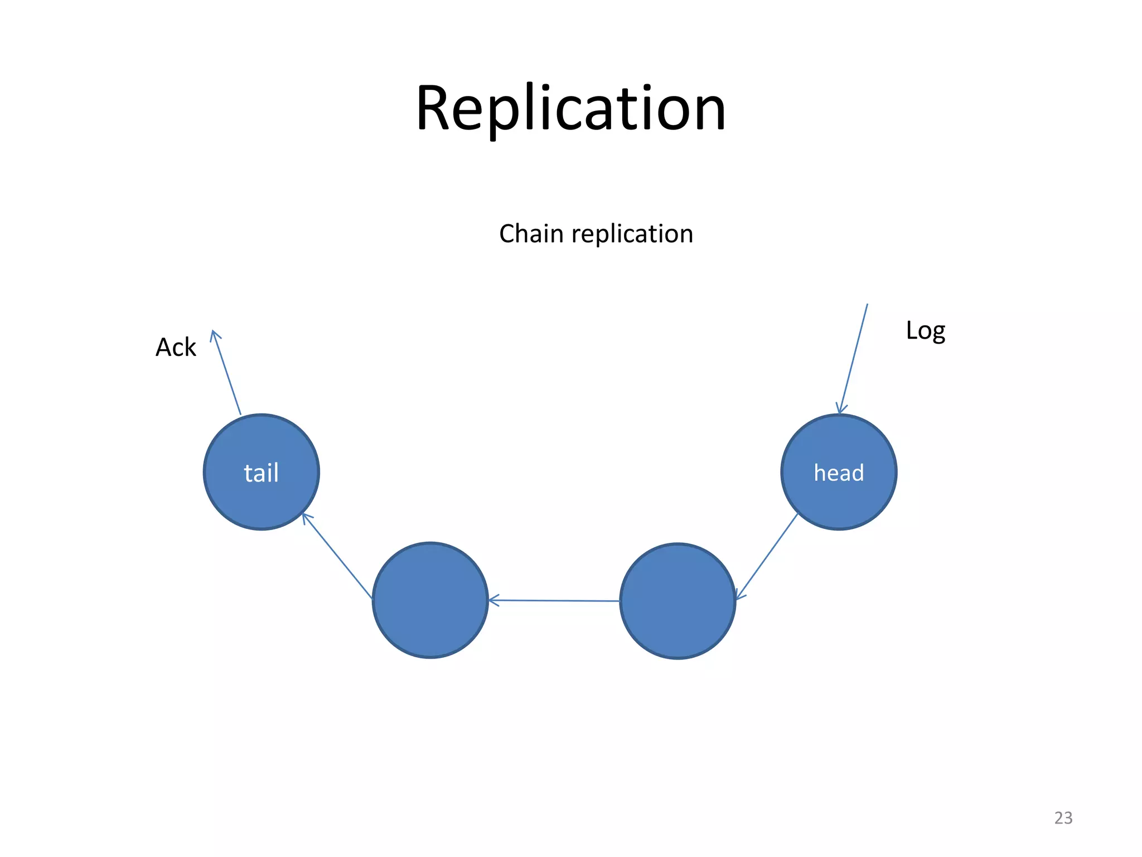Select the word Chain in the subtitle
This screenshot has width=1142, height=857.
coord(531,234)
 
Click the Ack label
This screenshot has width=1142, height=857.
coord(176,347)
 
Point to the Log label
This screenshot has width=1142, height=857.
coord(925,331)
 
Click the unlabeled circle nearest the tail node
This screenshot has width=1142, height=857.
coord(430,600)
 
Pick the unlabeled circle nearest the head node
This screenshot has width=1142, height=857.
coord(678,601)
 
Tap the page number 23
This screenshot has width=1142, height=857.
coord(1063,818)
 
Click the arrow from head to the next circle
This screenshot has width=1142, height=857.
coord(767,556)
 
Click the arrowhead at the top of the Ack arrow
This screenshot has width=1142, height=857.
coord(214,334)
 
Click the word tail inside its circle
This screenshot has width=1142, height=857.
coord(261,473)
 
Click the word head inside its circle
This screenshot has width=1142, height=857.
coord(839,473)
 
